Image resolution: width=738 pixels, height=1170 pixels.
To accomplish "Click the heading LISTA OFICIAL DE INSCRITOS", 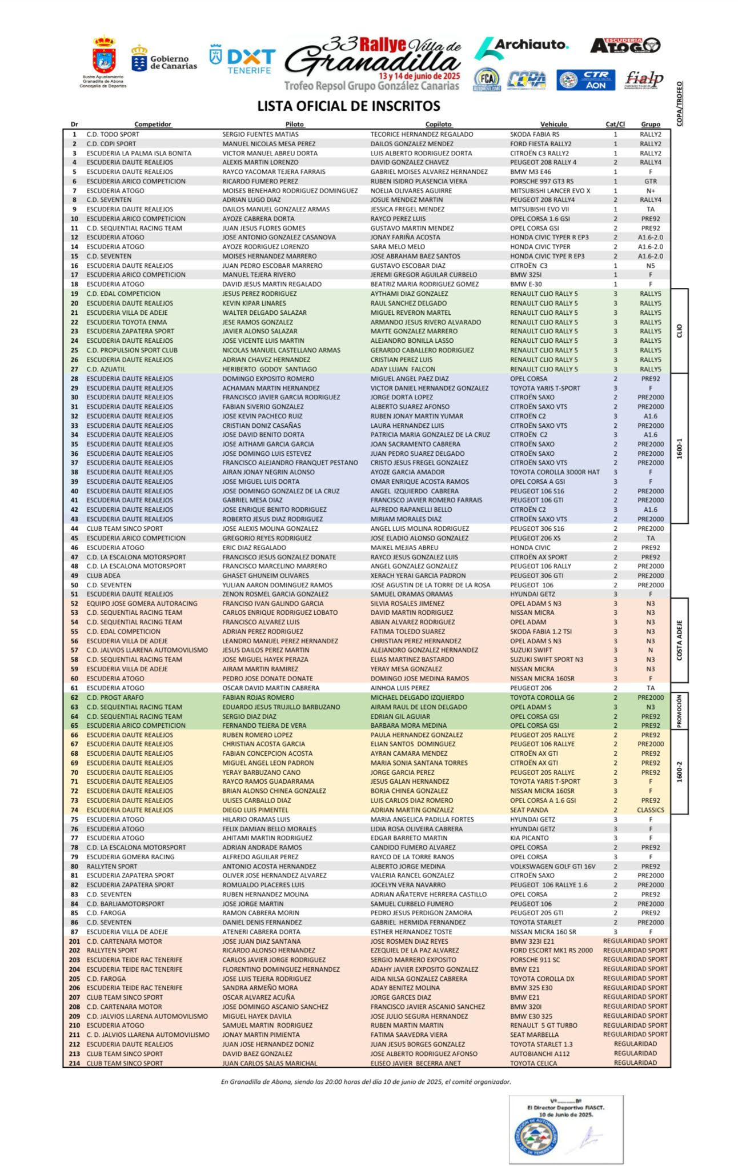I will (348, 106).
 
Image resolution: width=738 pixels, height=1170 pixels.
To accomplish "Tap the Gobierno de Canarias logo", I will (164, 59).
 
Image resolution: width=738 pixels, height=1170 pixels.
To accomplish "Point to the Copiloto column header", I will (438, 125).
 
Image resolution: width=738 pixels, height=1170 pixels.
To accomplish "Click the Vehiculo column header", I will (553, 125).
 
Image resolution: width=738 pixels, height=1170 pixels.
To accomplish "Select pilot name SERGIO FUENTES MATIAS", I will (260, 134).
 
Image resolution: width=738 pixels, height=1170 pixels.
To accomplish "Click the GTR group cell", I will (650, 181).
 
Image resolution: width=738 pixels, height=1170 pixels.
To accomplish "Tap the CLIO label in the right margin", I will (679, 331).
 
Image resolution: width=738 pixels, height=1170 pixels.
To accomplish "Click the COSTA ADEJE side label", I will (679, 640).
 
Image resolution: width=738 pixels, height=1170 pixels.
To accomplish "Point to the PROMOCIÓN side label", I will (679, 711).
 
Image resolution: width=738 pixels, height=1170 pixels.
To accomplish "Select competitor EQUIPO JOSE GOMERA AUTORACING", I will (142, 603).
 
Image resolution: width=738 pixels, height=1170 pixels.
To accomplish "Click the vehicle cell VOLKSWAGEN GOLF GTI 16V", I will (552, 866).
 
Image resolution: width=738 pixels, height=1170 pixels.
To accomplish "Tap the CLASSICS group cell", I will (650, 810).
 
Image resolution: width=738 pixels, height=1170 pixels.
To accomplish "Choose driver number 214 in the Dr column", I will (74, 1063).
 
